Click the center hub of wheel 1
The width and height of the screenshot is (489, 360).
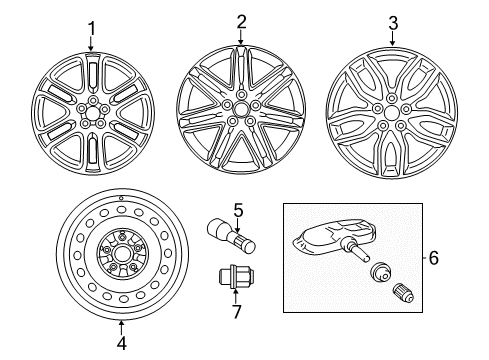[x=92, y=111]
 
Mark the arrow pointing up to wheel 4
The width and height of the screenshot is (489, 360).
[x=121, y=325]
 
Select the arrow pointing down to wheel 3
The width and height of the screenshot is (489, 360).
[x=393, y=38]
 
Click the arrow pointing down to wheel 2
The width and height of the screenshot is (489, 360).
[x=241, y=38]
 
